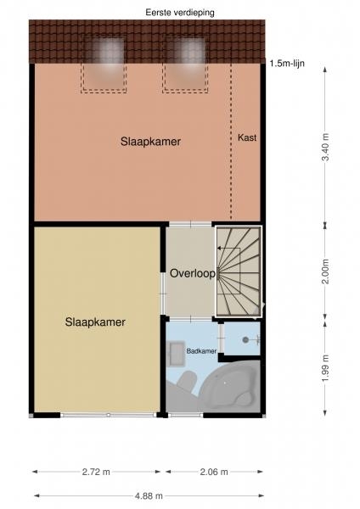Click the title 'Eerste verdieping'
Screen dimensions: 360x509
(x=180, y=13)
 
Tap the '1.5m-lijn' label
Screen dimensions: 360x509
(x=287, y=64)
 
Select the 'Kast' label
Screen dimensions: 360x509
(x=247, y=137)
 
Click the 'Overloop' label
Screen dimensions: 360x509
(x=193, y=273)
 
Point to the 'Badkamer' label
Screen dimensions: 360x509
(x=201, y=351)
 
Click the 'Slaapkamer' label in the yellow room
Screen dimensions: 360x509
(x=95, y=322)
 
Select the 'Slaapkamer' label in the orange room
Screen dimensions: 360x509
(x=151, y=142)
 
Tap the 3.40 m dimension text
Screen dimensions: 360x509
(x=325, y=147)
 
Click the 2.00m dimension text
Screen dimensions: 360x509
(x=325, y=271)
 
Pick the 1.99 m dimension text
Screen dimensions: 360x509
(x=325, y=368)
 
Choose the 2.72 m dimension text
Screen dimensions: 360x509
(x=96, y=472)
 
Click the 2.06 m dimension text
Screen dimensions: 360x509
(x=214, y=472)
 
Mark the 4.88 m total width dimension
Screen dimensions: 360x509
(x=149, y=495)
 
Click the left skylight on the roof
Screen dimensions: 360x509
(x=104, y=65)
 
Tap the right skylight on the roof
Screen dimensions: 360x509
(x=185, y=65)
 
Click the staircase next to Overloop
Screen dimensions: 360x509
(x=239, y=271)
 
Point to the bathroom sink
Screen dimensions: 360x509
(x=176, y=353)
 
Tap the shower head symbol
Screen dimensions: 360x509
(x=245, y=340)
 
